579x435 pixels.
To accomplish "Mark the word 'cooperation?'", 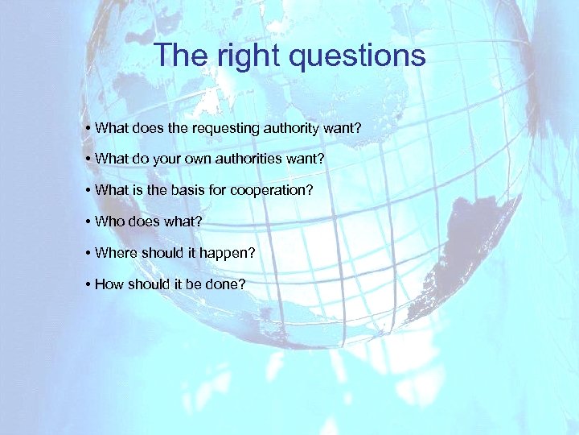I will click(x=272, y=191).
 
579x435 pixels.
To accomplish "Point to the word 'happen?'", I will click(x=232, y=253).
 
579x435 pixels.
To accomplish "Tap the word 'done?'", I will click(x=228, y=284).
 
